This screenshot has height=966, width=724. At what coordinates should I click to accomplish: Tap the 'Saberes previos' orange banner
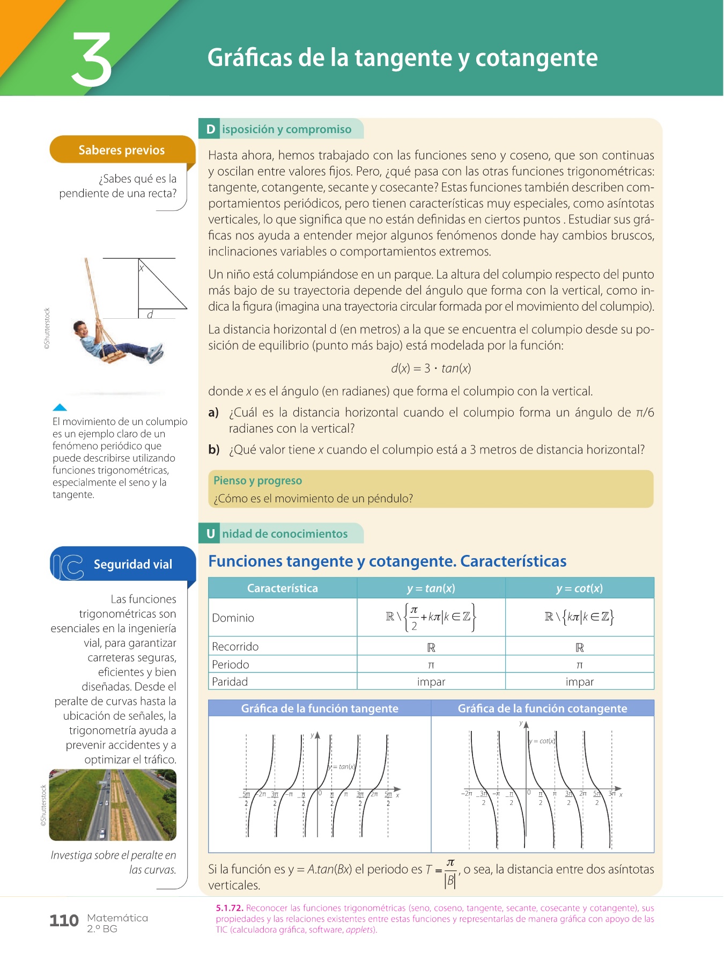pos(122,150)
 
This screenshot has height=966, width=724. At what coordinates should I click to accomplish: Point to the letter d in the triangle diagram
pos(150,314)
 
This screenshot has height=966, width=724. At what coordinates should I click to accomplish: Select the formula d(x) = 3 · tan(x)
pos(431,368)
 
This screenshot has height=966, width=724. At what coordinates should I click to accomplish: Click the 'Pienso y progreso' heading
pos(257,480)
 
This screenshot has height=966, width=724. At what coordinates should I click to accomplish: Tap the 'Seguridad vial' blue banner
pos(132,564)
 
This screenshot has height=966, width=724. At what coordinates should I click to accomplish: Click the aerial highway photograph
pos(113,804)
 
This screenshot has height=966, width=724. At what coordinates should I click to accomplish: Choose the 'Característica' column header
pos(282,588)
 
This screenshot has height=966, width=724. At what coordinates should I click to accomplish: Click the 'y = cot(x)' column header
pos(579,588)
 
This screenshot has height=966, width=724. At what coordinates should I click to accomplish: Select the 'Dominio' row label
pos(233,618)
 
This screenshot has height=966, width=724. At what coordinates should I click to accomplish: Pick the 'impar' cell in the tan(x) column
pos(431,682)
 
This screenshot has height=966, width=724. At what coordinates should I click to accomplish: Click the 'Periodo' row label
pos(231,664)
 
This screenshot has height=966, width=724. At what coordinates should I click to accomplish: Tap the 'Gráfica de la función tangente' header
pos(320,708)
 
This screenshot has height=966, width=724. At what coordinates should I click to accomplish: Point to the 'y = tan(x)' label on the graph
pos(342,766)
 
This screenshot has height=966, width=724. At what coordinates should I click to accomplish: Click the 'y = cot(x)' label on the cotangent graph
pos(542,741)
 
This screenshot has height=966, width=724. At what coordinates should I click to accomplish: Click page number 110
pos(64,921)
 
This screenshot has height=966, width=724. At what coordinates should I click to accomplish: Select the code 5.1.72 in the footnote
pos(230,908)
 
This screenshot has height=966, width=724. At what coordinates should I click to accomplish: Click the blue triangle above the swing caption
pos(60,407)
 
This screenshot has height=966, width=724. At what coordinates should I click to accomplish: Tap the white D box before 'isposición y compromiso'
pos(210,129)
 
